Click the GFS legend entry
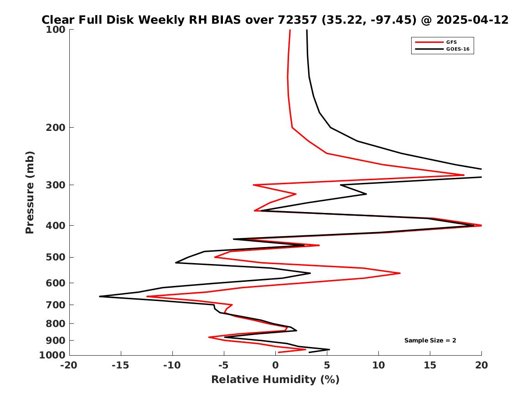click(x=452, y=42)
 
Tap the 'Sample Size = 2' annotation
click(x=430, y=341)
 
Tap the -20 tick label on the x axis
click(x=69, y=365)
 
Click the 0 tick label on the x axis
click(x=275, y=365)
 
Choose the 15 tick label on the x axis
click(x=430, y=365)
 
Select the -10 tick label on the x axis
click(x=172, y=365)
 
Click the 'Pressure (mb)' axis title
click(x=30, y=192)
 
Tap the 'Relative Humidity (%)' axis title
click(x=275, y=380)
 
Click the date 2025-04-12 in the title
click(x=472, y=20)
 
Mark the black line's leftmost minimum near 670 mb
click(x=100, y=296)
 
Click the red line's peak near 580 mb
click(x=400, y=273)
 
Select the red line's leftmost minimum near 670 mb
click(x=147, y=296)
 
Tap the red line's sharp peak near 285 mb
click(x=464, y=175)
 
